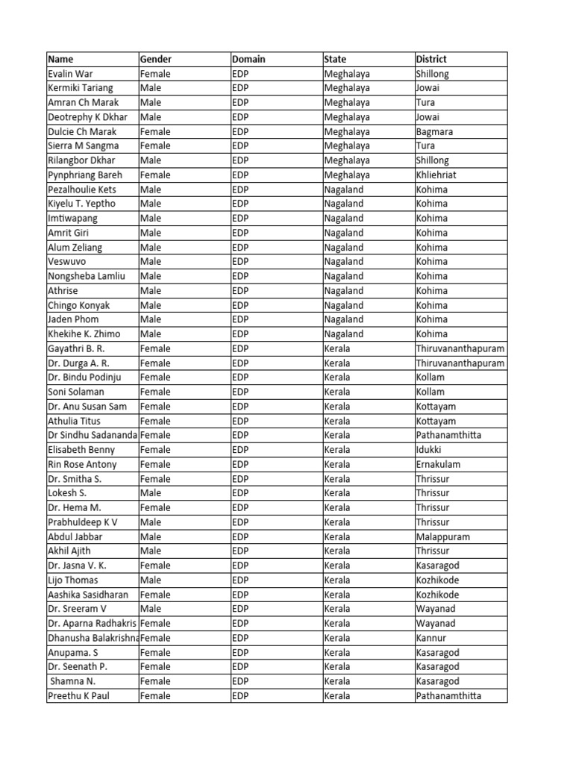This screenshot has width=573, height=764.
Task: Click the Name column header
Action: (60, 59)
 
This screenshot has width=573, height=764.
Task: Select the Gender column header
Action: (156, 59)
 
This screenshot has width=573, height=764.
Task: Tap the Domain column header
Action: (248, 59)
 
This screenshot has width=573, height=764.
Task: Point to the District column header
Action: (431, 59)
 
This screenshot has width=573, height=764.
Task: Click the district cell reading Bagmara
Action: (434, 132)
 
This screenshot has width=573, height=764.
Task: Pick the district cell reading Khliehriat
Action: (437, 175)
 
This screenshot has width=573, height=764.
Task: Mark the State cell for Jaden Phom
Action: (344, 319)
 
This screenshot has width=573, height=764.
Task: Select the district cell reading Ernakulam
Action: (438, 464)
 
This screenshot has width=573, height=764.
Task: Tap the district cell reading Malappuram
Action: (442, 536)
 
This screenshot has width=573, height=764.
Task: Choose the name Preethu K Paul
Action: (78, 696)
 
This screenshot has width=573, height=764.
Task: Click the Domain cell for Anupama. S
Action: (240, 652)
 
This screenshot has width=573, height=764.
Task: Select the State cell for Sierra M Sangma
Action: (347, 146)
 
